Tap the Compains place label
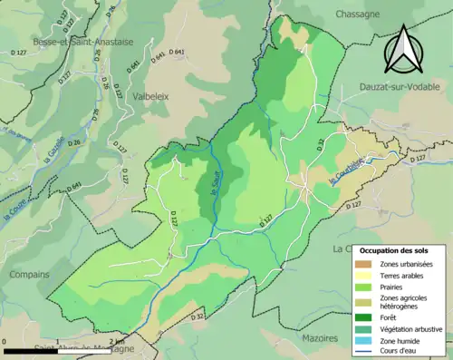[x=31, y=273]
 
